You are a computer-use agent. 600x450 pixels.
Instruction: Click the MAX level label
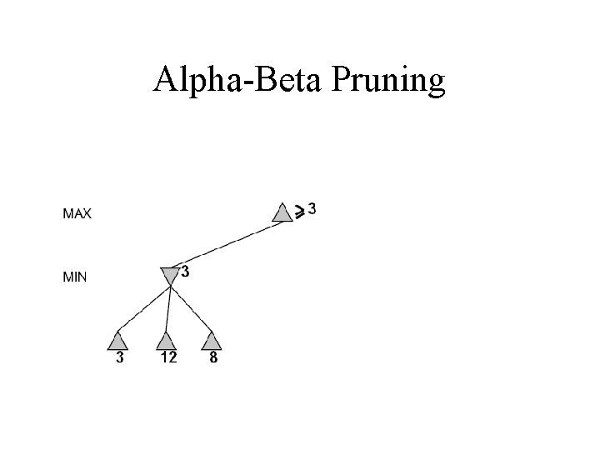77,213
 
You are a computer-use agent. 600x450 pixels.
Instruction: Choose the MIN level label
75,277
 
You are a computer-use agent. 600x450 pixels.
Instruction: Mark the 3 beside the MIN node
184,272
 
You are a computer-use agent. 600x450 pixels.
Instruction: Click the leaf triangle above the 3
118,341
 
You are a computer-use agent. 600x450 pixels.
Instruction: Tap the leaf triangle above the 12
167,341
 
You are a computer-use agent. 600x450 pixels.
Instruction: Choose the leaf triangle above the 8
212,341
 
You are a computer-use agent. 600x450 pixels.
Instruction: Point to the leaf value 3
120,358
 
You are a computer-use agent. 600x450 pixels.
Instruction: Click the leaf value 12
167,358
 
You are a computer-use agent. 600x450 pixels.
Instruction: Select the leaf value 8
213,358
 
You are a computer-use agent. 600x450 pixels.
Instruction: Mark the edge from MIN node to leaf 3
143,310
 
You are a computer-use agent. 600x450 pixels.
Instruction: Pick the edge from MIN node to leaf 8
191,311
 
